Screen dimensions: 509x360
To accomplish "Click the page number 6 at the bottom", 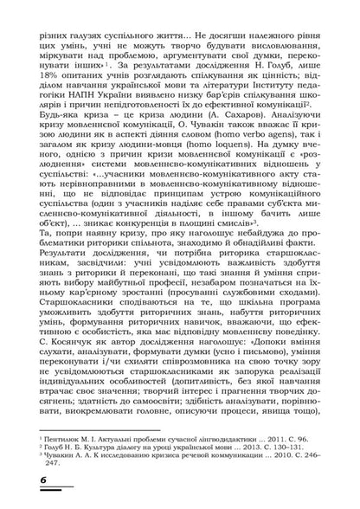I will coord(19,481).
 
